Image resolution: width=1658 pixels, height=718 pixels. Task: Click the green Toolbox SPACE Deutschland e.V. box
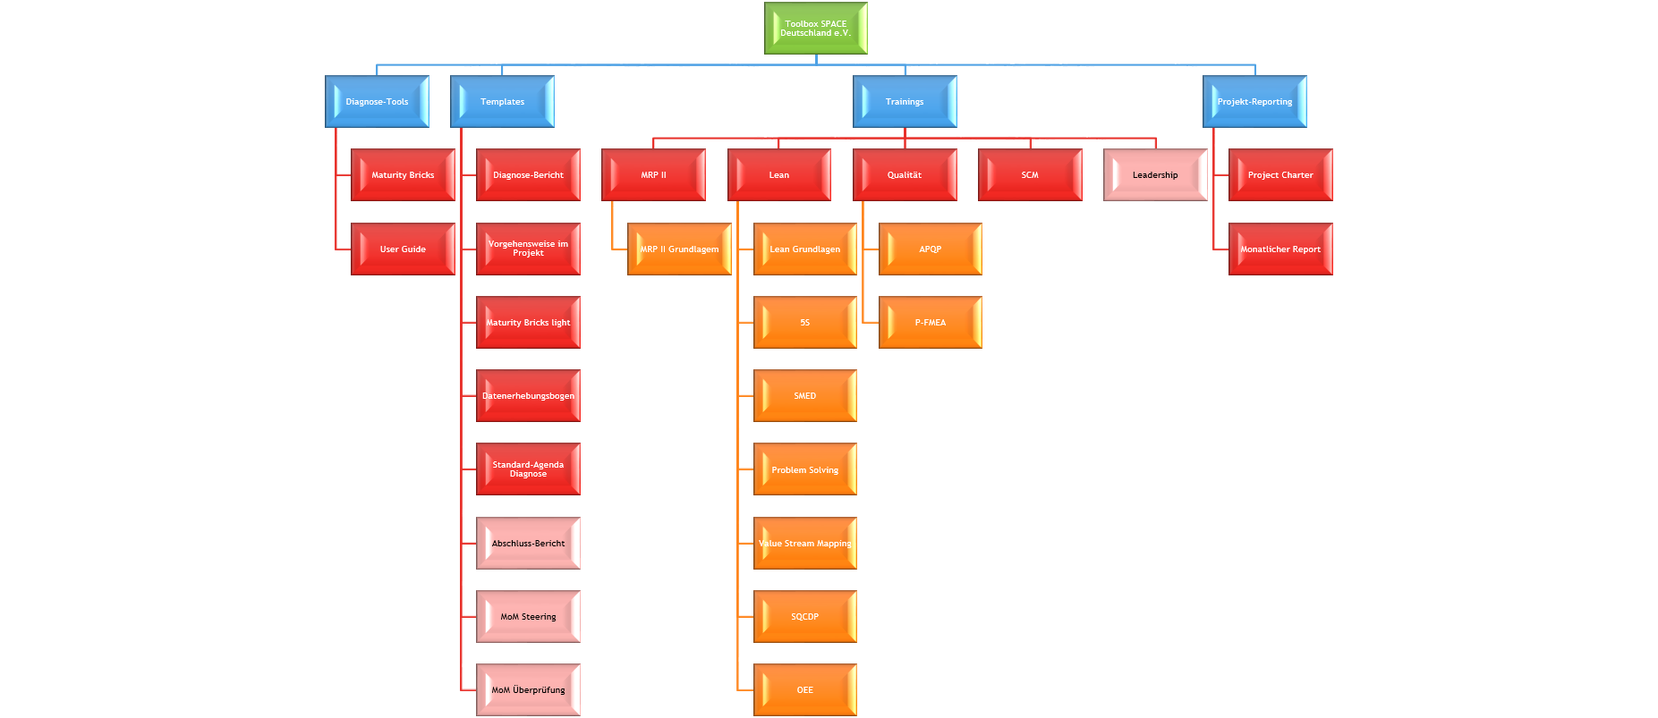coord(815,29)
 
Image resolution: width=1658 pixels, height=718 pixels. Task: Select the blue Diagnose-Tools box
coord(377,102)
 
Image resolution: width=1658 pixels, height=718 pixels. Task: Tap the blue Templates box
coord(502,102)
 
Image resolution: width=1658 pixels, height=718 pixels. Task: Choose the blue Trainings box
coord(905,102)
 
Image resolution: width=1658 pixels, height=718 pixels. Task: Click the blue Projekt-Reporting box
coord(1254,102)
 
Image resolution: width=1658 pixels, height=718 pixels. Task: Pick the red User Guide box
coord(403,249)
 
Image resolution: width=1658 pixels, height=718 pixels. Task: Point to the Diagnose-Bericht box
coord(528,175)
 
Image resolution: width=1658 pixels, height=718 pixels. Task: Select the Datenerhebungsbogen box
coord(528,396)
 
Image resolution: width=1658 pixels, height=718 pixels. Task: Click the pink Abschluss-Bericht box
coord(528,544)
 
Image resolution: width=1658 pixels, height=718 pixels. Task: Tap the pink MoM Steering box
coord(528,617)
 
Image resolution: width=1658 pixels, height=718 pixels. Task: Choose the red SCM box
coord(1030,175)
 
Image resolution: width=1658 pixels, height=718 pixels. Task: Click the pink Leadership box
coord(1155,175)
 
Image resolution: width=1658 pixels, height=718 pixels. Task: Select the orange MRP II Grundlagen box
coord(679,249)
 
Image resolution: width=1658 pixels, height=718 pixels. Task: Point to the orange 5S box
coord(804,323)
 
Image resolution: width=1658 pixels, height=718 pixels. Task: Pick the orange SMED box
coord(804,396)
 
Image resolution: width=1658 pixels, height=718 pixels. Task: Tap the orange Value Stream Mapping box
coord(804,544)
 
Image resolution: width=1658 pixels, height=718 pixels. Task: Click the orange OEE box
coord(804,690)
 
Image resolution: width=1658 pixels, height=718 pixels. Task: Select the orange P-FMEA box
coord(930,323)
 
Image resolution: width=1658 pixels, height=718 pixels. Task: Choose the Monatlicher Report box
coord(1280,249)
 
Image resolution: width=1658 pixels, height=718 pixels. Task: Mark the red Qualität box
coord(905,175)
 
